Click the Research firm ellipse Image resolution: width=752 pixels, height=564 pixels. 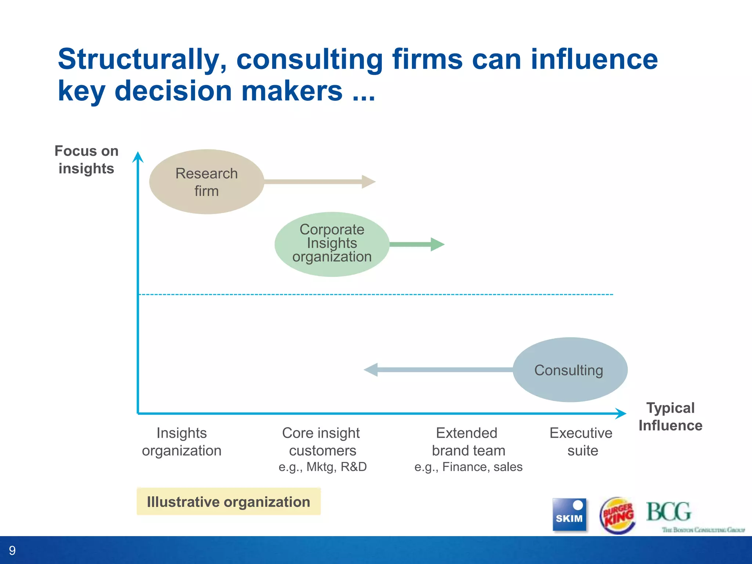pos(207,182)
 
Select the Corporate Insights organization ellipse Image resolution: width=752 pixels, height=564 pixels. pos(332,244)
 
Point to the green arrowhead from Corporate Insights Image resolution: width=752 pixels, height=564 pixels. pos(437,244)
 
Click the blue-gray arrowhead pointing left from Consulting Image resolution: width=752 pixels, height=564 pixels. pos(371,370)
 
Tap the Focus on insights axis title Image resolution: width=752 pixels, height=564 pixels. pos(86,160)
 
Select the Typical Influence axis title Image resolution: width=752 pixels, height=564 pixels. pos(670,417)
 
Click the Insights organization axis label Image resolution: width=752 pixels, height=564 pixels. pos(182,442)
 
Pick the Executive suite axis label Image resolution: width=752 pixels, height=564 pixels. pos(581,442)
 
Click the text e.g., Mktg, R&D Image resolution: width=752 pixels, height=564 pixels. pos(322,467)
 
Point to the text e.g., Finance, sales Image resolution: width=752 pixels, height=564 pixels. pos(468,467)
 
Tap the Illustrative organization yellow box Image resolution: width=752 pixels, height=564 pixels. pos(228,502)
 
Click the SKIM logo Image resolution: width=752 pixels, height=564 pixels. pos(569,514)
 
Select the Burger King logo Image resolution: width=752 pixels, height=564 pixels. pos(618,515)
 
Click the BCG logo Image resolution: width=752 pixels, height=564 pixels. pos(669,512)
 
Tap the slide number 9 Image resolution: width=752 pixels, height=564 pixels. pos(12,550)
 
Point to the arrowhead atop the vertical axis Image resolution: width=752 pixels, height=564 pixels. pos(138,157)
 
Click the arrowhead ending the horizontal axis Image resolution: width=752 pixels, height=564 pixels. pos(621,413)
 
